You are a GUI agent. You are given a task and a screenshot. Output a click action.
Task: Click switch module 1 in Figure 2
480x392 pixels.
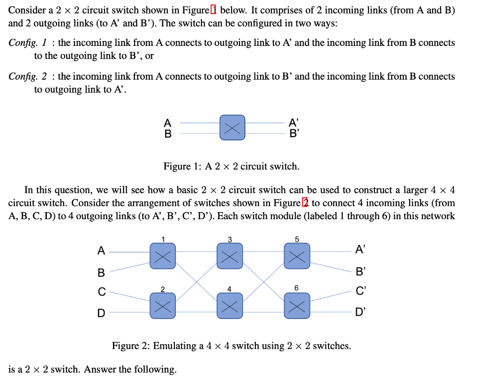(x=162, y=256)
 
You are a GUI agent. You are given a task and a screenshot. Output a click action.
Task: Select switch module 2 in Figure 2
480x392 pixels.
(x=162, y=306)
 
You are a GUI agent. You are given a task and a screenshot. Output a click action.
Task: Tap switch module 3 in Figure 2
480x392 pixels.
(x=230, y=256)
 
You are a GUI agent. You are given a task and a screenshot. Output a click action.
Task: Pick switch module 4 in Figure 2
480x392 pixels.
(x=230, y=306)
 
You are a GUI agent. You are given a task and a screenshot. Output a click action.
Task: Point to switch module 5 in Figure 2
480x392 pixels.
(x=297, y=256)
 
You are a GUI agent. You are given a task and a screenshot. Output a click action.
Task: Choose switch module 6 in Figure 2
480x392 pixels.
(x=297, y=306)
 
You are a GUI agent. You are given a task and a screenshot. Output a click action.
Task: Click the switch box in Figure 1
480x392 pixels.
(x=232, y=127)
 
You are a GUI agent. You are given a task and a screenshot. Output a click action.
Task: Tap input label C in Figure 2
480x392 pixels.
(x=101, y=291)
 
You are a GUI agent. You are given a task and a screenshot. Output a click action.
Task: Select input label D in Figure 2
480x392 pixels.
(x=101, y=312)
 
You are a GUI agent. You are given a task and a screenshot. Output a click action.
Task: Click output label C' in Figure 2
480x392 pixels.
(x=360, y=291)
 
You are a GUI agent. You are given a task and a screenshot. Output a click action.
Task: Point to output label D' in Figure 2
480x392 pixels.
(x=360, y=312)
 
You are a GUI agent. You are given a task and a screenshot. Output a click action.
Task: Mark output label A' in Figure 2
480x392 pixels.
(x=360, y=250)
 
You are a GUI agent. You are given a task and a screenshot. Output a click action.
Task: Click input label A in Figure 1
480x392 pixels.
(x=167, y=123)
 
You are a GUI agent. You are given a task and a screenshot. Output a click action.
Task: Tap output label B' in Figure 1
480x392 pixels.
(x=294, y=133)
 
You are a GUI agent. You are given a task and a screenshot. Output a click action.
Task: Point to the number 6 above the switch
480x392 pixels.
(x=296, y=288)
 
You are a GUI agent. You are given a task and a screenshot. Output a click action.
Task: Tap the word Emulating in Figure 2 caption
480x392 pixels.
(x=175, y=346)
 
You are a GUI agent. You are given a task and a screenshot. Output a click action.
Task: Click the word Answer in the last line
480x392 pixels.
(x=102, y=370)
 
